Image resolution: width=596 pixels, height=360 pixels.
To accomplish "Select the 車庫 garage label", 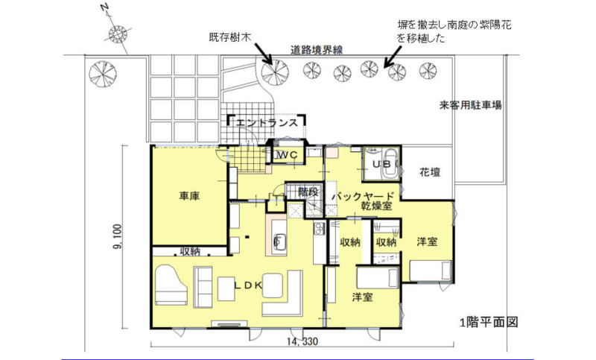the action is [x=189, y=196].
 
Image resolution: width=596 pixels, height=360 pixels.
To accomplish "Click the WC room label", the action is [x=287, y=155].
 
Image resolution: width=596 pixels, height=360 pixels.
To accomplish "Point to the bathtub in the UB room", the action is [x=389, y=162].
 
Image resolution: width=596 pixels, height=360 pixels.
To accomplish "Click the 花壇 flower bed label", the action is [x=430, y=172].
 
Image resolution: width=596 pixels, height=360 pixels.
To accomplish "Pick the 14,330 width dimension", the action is [x=302, y=341].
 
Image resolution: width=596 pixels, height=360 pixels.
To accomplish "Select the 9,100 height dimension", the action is [x=118, y=237].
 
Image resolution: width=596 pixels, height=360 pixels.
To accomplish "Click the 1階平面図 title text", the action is [x=489, y=323].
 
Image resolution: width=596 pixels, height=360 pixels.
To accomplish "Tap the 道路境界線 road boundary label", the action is [x=317, y=50].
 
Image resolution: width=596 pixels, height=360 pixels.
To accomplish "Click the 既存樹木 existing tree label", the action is [x=230, y=37].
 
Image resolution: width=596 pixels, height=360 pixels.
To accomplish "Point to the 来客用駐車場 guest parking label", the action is [x=470, y=105].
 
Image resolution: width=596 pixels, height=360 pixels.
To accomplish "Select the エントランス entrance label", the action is [x=267, y=123].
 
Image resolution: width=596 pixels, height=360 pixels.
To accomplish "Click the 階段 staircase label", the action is [x=308, y=192].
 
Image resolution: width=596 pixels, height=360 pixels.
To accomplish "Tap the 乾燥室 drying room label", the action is [x=376, y=206].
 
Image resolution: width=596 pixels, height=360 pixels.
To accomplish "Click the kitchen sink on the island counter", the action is [x=277, y=240].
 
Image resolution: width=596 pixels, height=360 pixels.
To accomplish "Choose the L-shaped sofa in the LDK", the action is [x=283, y=293].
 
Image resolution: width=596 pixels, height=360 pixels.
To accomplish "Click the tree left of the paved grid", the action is [x=103, y=73].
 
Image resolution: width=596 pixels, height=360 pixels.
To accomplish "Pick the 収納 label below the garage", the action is [x=190, y=251].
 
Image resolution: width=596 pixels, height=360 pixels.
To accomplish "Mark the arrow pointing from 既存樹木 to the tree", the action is [x=263, y=54].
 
